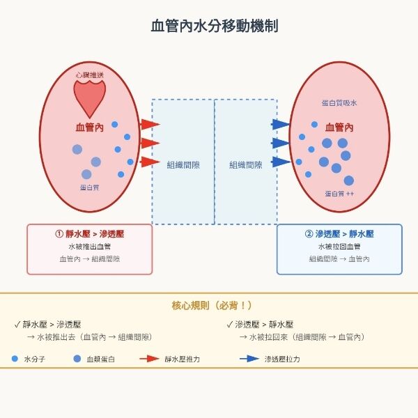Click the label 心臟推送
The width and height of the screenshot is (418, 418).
tap(91, 74)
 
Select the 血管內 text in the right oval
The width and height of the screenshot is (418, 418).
tap(339, 127)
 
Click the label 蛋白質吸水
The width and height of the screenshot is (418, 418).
tap(339, 103)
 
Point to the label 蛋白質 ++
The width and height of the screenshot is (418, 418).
tap(339, 193)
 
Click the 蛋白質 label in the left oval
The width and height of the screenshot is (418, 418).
tap(90, 187)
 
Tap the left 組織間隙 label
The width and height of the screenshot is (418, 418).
tap(183, 164)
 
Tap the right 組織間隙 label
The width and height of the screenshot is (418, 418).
tap(246, 164)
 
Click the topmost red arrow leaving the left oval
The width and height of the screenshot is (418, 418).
tap(150, 125)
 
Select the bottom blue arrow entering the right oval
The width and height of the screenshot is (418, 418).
tap(280, 162)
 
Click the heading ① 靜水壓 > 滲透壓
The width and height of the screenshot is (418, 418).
tap(89, 233)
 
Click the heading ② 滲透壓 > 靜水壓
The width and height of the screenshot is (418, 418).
tap(339, 233)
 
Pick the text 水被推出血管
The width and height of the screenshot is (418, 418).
tap(89, 247)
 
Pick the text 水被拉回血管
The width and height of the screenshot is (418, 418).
tap(339, 247)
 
